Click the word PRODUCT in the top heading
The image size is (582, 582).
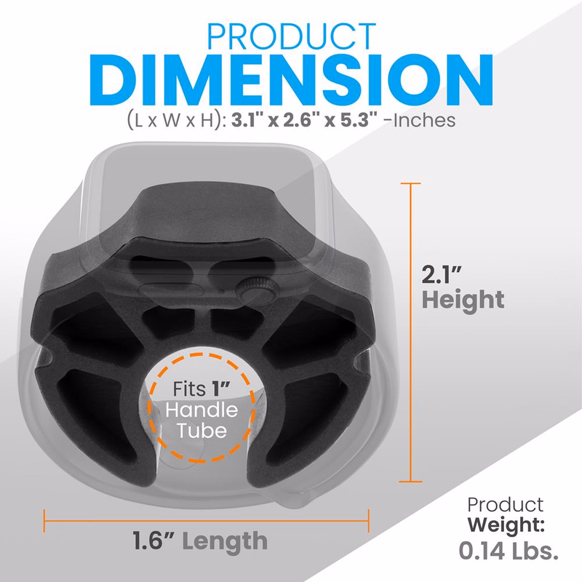pyautogui.click(x=291, y=38)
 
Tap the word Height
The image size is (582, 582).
pyautogui.click(x=464, y=300)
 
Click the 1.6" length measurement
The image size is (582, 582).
pyautogui.click(x=154, y=541)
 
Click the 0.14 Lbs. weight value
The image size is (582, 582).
pyautogui.click(x=509, y=551)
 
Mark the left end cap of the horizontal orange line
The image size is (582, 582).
pyautogui.click(x=44, y=519)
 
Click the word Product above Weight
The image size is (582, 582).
pyautogui.click(x=504, y=504)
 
